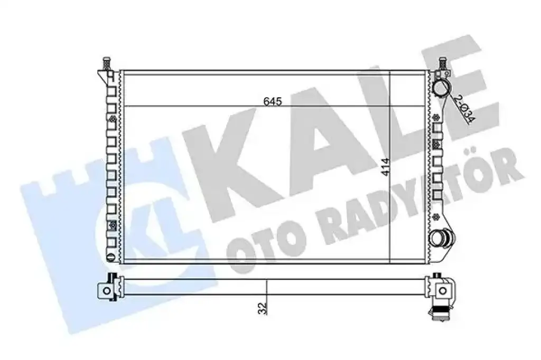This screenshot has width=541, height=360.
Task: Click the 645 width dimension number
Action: pos(273,102)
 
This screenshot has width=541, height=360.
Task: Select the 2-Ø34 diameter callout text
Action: pos(464,109)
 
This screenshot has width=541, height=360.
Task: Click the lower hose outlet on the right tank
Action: pos(441,238)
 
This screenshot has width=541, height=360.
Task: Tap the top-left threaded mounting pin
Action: pos(106,63)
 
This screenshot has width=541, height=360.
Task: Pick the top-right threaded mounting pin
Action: pos(443,63)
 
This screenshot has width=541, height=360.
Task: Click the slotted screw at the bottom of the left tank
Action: pos(110,257)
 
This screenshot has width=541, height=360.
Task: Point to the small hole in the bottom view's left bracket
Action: pos(107,291)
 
